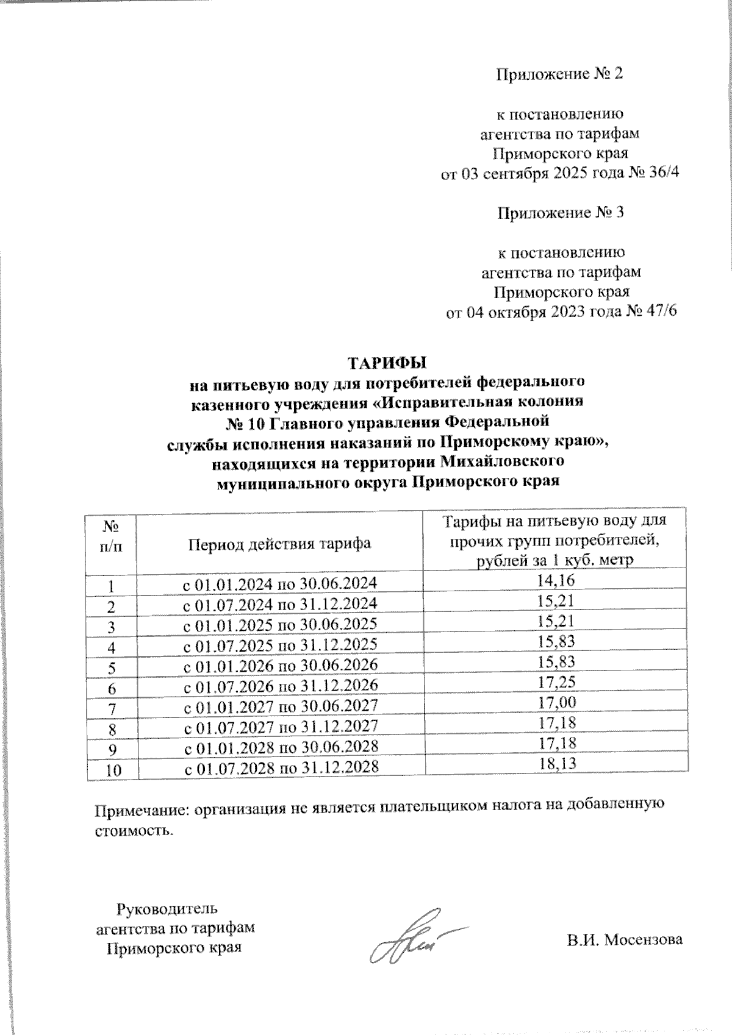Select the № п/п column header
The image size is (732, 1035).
point(111,535)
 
